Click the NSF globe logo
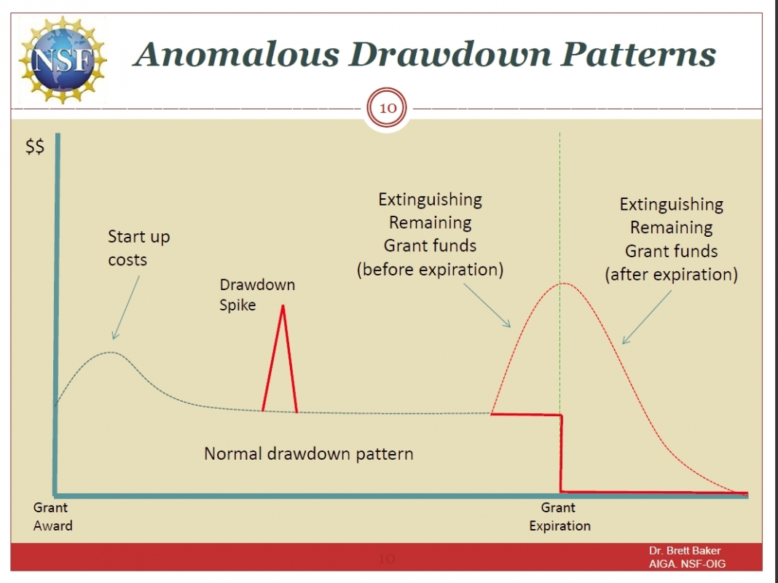[x=63, y=60]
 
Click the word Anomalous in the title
[x=237, y=54]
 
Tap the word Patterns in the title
[x=639, y=54]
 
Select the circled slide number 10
[x=387, y=108]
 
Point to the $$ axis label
[x=35, y=147]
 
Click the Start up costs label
[x=139, y=248]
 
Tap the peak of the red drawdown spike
[x=283, y=305]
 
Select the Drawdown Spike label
[x=257, y=294]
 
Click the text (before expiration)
[x=431, y=270]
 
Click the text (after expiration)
[x=672, y=275]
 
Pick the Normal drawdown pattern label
[x=309, y=453]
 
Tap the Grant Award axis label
[x=52, y=517]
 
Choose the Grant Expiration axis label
[x=559, y=517]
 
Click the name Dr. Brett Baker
[x=684, y=550]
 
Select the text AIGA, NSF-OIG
[x=687, y=563]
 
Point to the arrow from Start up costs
[x=126, y=308]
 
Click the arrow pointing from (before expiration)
[x=487, y=305]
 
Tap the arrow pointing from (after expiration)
[x=647, y=317]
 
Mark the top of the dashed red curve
[x=563, y=283]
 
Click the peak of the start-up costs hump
[x=110, y=352]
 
